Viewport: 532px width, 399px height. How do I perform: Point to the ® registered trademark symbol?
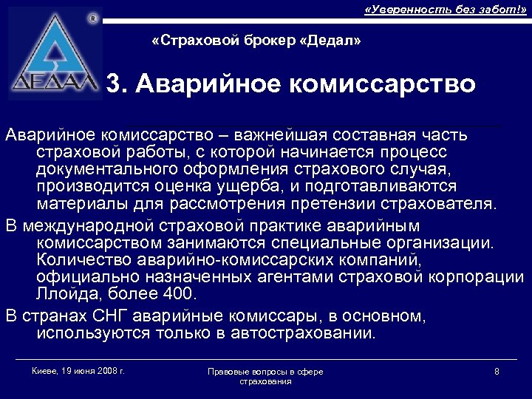[92, 17]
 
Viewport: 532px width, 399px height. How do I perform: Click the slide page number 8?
[497, 371]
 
